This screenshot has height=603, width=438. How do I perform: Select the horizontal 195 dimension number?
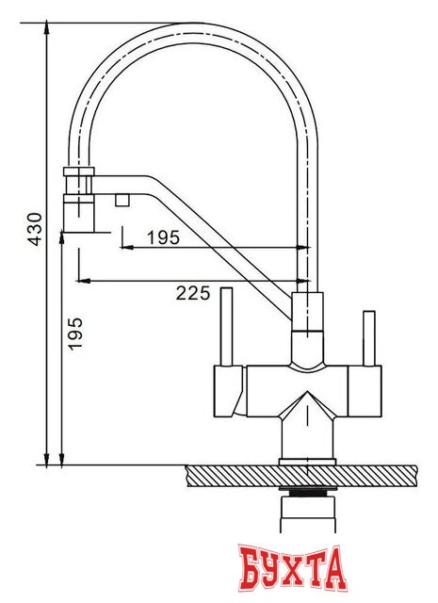click(x=163, y=237)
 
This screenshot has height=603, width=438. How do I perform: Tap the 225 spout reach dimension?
click(x=192, y=293)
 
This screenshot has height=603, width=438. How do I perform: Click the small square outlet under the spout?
click(x=121, y=199)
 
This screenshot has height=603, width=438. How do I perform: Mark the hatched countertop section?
click(x=301, y=475)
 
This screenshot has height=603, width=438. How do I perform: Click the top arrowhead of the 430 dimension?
click(x=48, y=29)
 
